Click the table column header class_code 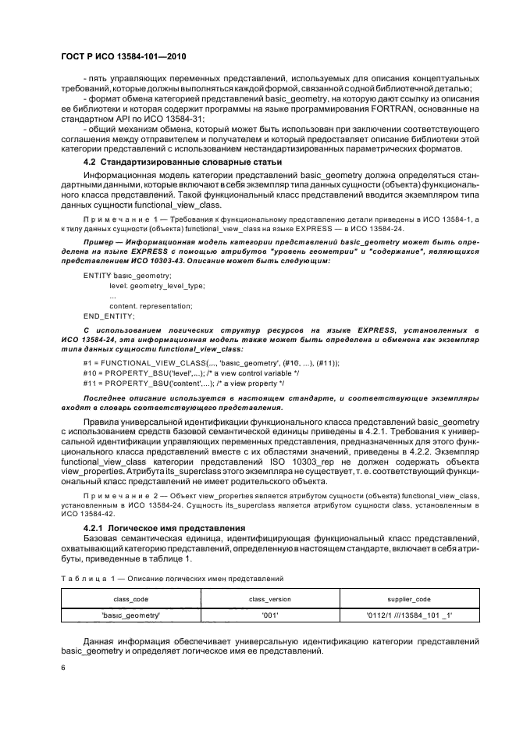click(x=131, y=597)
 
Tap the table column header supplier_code click(x=409, y=597)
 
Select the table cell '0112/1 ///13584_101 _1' click(x=409, y=615)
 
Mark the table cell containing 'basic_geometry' click(x=131, y=615)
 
